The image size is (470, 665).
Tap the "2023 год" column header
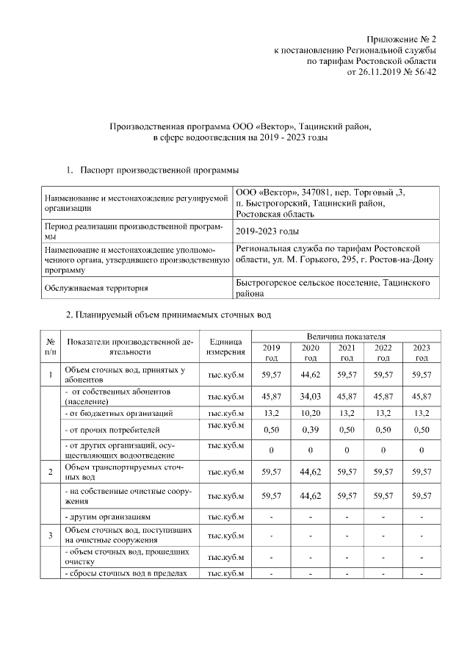coord(421,352)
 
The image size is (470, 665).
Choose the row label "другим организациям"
coord(107,517)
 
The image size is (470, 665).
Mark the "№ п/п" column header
coord(50,348)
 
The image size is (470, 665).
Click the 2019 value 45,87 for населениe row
coord(271,397)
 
